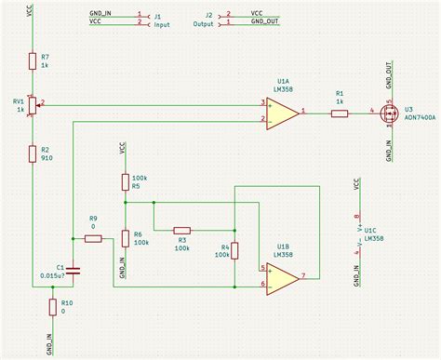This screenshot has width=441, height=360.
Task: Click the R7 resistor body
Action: click(x=33, y=61)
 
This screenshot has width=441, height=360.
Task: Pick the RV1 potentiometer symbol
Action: click(x=33, y=106)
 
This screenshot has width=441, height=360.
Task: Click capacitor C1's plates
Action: click(x=74, y=271)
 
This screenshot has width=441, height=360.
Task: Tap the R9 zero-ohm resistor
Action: click(x=93, y=238)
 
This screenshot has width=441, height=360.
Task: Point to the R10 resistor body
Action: click(x=52, y=308)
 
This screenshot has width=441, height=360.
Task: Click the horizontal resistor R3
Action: click(x=182, y=230)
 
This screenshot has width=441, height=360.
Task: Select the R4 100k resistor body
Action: click(x=234, y=251)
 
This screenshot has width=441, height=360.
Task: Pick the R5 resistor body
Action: click(x=124, y=180)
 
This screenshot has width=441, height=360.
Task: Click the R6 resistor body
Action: click(x=124, y=238)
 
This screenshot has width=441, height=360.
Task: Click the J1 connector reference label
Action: click(x=157, y=16)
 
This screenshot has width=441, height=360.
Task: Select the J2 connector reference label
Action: click(x=209, y=16)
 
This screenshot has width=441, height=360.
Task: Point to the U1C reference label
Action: click(x=369, y=229)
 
